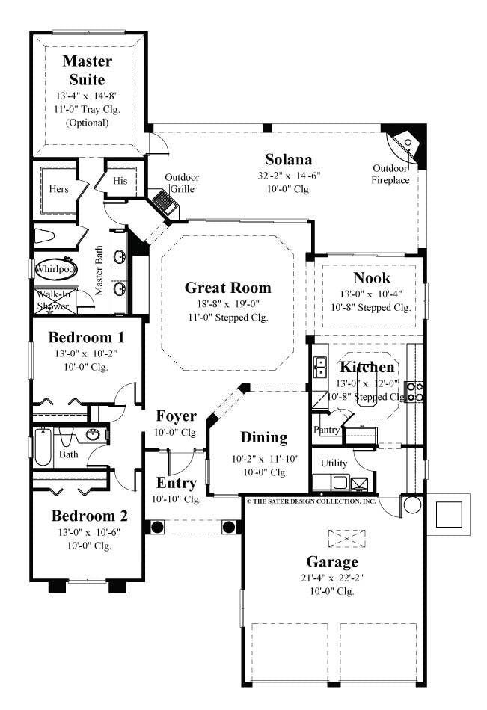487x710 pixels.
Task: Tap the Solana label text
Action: [x=288, y=159]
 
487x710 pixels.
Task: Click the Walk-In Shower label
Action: [x=53, y=300]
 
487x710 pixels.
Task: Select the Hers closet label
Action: [x=59, y=189]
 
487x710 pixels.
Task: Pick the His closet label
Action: [x=120, y=181]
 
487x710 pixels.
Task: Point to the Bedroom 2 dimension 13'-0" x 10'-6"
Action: [x=89, y=532]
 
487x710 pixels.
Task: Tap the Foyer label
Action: [x=176, y=416]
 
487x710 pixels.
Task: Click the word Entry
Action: [x=176, y=483]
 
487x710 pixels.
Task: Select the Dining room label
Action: [x=263, y=437]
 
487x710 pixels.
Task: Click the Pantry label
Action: [x=327, y=430]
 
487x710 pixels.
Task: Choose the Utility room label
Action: [x=334, y=463]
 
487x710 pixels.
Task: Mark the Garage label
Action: [x=332, y=561]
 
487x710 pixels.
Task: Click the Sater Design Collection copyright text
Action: [x=310, y=501]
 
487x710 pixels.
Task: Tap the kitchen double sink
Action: [x=322, y=367]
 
